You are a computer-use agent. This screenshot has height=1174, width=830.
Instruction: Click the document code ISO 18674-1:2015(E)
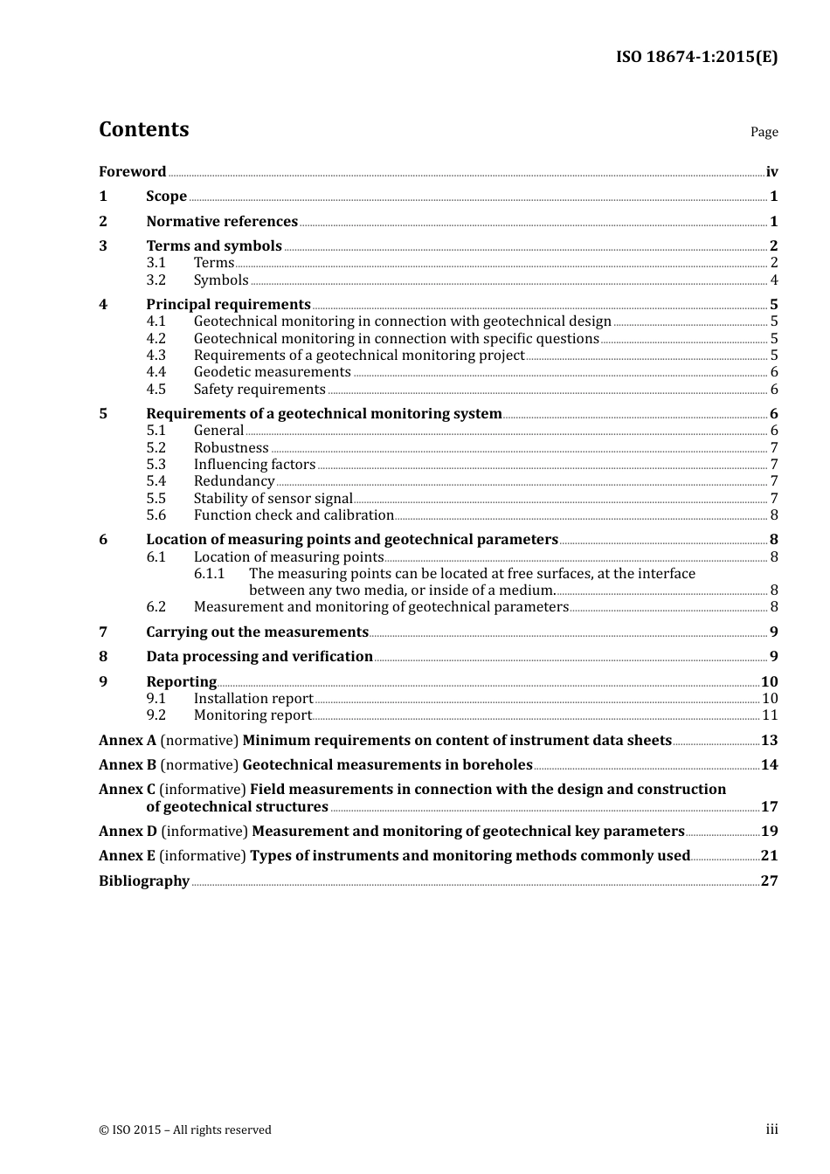point(696,57)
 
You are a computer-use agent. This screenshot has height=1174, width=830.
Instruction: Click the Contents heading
point(143,129)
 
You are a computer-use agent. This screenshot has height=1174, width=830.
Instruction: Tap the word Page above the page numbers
point(764,132)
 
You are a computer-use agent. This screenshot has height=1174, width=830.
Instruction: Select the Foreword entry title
point(132,172)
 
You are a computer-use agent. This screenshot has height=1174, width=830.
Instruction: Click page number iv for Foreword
point(771,172)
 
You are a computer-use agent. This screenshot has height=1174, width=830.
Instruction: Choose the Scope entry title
point(166,197)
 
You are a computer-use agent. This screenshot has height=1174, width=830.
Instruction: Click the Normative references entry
point(222,222)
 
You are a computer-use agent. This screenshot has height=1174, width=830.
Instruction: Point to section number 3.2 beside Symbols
point(156,280)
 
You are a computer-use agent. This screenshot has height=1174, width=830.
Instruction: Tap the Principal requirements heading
point(228,305)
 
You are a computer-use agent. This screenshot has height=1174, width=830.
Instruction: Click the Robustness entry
point(231,448)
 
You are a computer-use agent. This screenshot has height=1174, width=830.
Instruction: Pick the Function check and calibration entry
point(294,515)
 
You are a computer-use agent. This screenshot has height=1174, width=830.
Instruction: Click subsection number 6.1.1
point(209,574)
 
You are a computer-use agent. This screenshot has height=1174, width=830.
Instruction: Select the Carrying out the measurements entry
point(257,632)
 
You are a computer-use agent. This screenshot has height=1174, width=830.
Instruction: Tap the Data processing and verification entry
point(259,657)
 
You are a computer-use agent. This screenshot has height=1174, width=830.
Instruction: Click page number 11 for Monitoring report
point(770,715)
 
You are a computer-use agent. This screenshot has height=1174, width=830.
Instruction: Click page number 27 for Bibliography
point(769,880)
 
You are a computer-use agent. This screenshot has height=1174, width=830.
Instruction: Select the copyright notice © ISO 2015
point(185,1130)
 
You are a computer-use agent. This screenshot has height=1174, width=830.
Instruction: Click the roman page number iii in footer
point(771,1129)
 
